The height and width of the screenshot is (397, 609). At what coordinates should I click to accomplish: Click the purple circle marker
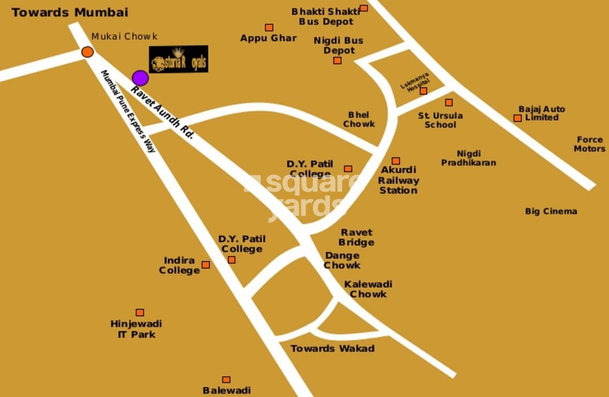click(x=140, y=78)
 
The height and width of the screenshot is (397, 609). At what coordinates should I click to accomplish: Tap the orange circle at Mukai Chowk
click(x=87, y=52)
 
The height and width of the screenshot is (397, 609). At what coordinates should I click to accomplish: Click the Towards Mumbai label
click(x=70, y=12)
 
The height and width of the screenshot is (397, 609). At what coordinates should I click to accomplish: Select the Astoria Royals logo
click(x=179, y=59)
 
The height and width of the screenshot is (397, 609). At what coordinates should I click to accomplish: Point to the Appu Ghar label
click(x=268, y=38)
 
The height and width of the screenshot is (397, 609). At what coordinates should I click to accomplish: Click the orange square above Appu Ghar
click(x=269, y=27)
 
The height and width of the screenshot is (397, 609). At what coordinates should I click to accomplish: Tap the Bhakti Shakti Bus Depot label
click(x=326, y=17)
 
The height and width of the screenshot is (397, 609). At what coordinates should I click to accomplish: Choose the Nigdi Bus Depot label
click(x=339, y=45)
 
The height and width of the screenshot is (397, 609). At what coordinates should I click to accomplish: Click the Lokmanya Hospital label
click(x=415, y=83)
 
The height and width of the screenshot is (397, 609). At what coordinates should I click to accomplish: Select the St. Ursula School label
click(x=440, y=120)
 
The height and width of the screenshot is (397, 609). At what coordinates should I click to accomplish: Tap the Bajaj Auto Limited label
click(x=542, y=113)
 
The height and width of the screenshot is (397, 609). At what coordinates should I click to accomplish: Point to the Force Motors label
click(x=589, y=144)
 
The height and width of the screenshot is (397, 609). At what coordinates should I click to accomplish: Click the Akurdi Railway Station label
click(x=398, y=180)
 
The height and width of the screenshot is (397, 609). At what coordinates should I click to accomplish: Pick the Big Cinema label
click(x=551, y=211)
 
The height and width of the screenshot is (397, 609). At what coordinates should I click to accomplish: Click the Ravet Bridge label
click(x=356, y=237)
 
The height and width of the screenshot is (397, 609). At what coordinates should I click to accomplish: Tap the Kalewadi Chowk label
click(x=368, y=289)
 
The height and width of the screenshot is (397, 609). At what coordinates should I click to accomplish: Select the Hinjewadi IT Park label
click(x=136, y=329)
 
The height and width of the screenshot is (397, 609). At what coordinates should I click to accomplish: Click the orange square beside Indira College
click(x=206, y=265)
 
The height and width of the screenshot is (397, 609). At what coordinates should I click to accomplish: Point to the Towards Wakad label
click(x=332, y=348)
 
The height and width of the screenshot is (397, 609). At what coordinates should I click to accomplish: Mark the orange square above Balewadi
click(x=226, y=379)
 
